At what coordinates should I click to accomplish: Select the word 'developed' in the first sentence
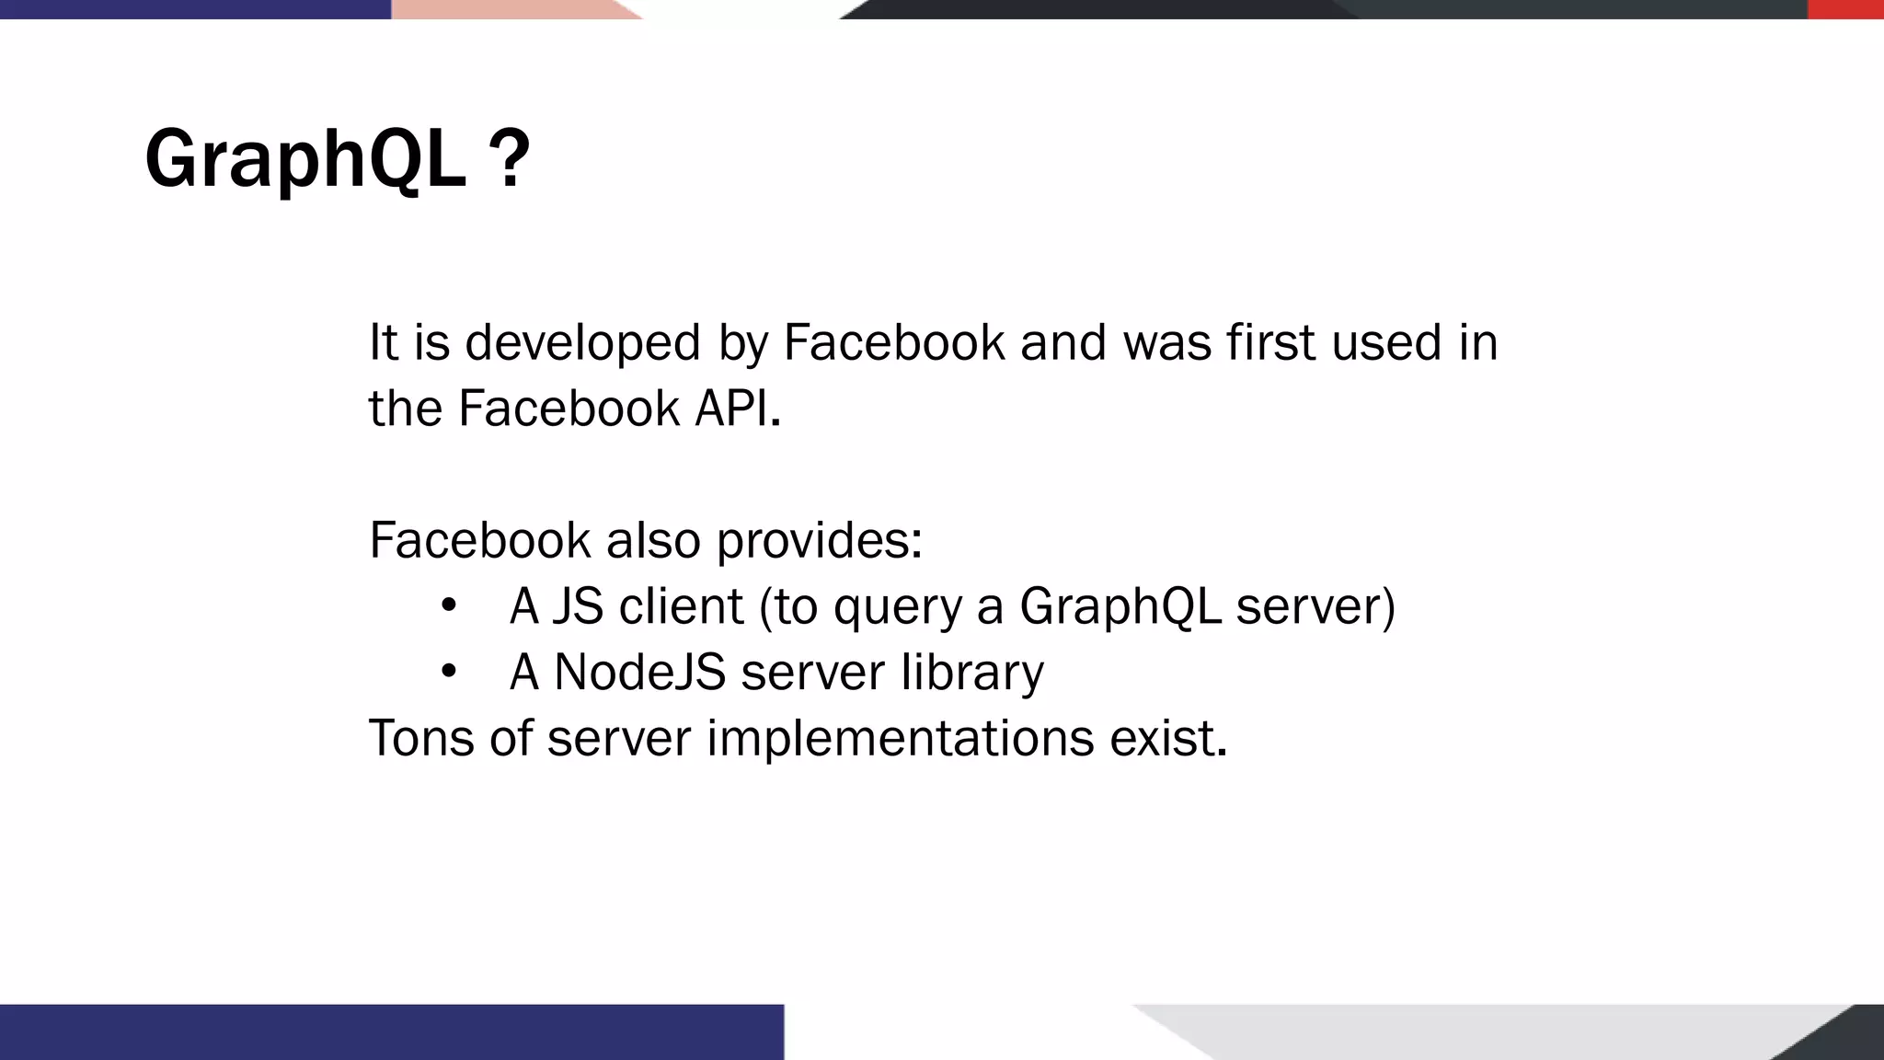(x=583, y=343)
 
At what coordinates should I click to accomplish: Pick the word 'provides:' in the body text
(x=819, y=541)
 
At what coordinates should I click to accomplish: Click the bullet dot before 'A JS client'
(x=448, y=605)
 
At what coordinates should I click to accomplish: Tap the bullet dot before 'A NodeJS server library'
(x=448, y=672)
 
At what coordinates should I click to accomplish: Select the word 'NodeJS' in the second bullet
(x=640, y=673)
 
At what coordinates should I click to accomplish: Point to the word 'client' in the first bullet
(x=681, y=606)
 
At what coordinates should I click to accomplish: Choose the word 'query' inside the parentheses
(x=897, y=608)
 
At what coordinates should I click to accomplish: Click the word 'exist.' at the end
(x=1168, y=738)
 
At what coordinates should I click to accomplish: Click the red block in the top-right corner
(x=1845, y=9)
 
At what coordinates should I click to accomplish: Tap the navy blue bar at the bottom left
(x=391, y=1031)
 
